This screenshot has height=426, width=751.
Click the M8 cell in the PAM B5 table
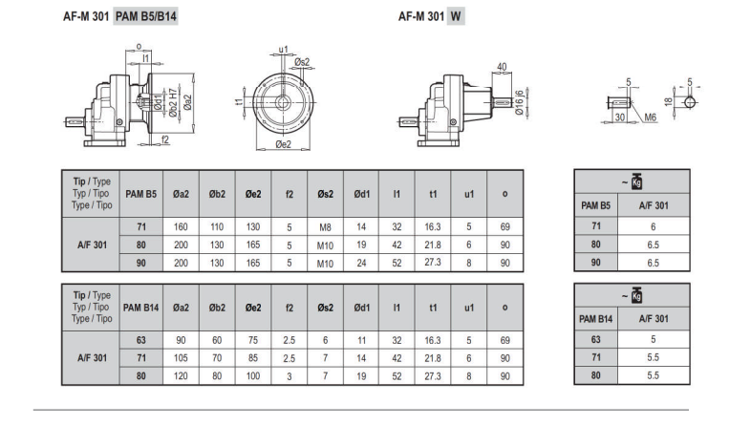325,227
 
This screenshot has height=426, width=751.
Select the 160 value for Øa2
181,227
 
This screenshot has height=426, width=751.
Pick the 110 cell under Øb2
217,227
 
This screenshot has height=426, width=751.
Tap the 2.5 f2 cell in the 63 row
289,340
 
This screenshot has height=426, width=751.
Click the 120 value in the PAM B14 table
181,376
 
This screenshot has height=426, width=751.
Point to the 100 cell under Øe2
253,376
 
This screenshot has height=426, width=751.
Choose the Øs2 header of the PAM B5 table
325,194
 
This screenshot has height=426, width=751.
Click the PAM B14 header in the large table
140,308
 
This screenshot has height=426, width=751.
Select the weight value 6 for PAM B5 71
653,227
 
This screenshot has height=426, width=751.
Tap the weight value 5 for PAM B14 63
653,339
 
